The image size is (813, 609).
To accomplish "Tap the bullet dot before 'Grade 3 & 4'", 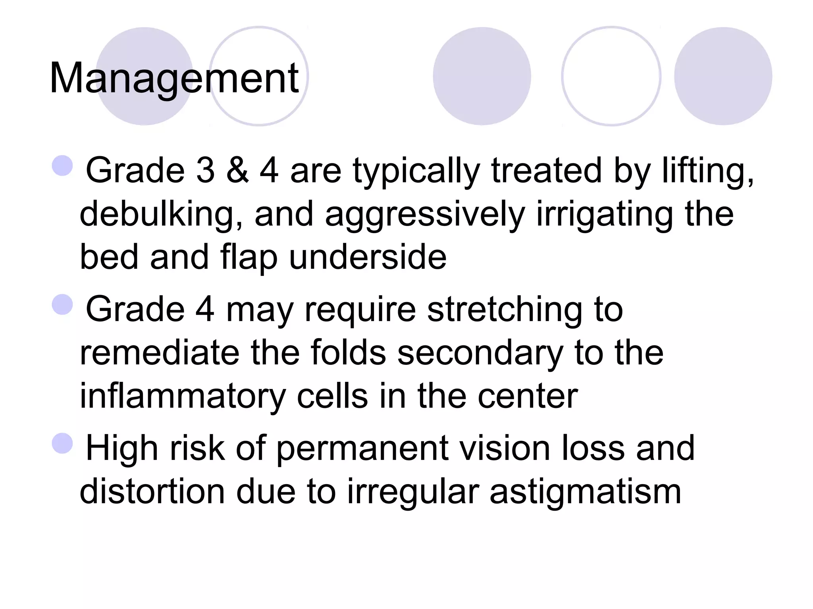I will coord(62,165).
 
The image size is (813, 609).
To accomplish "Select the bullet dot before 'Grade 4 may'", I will coord(62,304).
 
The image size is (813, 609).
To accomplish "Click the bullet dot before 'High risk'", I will coord(62,443).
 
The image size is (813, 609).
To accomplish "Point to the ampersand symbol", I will coord(237,170).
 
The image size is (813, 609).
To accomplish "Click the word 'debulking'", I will coord(161,214).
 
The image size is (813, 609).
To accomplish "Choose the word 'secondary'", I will coord(480,352).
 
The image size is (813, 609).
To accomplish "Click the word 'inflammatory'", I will coord(183,396).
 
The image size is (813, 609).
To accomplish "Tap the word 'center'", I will coord(528,396).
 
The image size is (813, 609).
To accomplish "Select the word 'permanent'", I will coord(362,448).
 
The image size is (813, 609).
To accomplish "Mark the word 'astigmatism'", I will coord(586,492).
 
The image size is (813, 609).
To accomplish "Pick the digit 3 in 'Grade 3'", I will coord(205,170).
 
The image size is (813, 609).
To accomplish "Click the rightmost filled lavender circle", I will coord(723,76).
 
